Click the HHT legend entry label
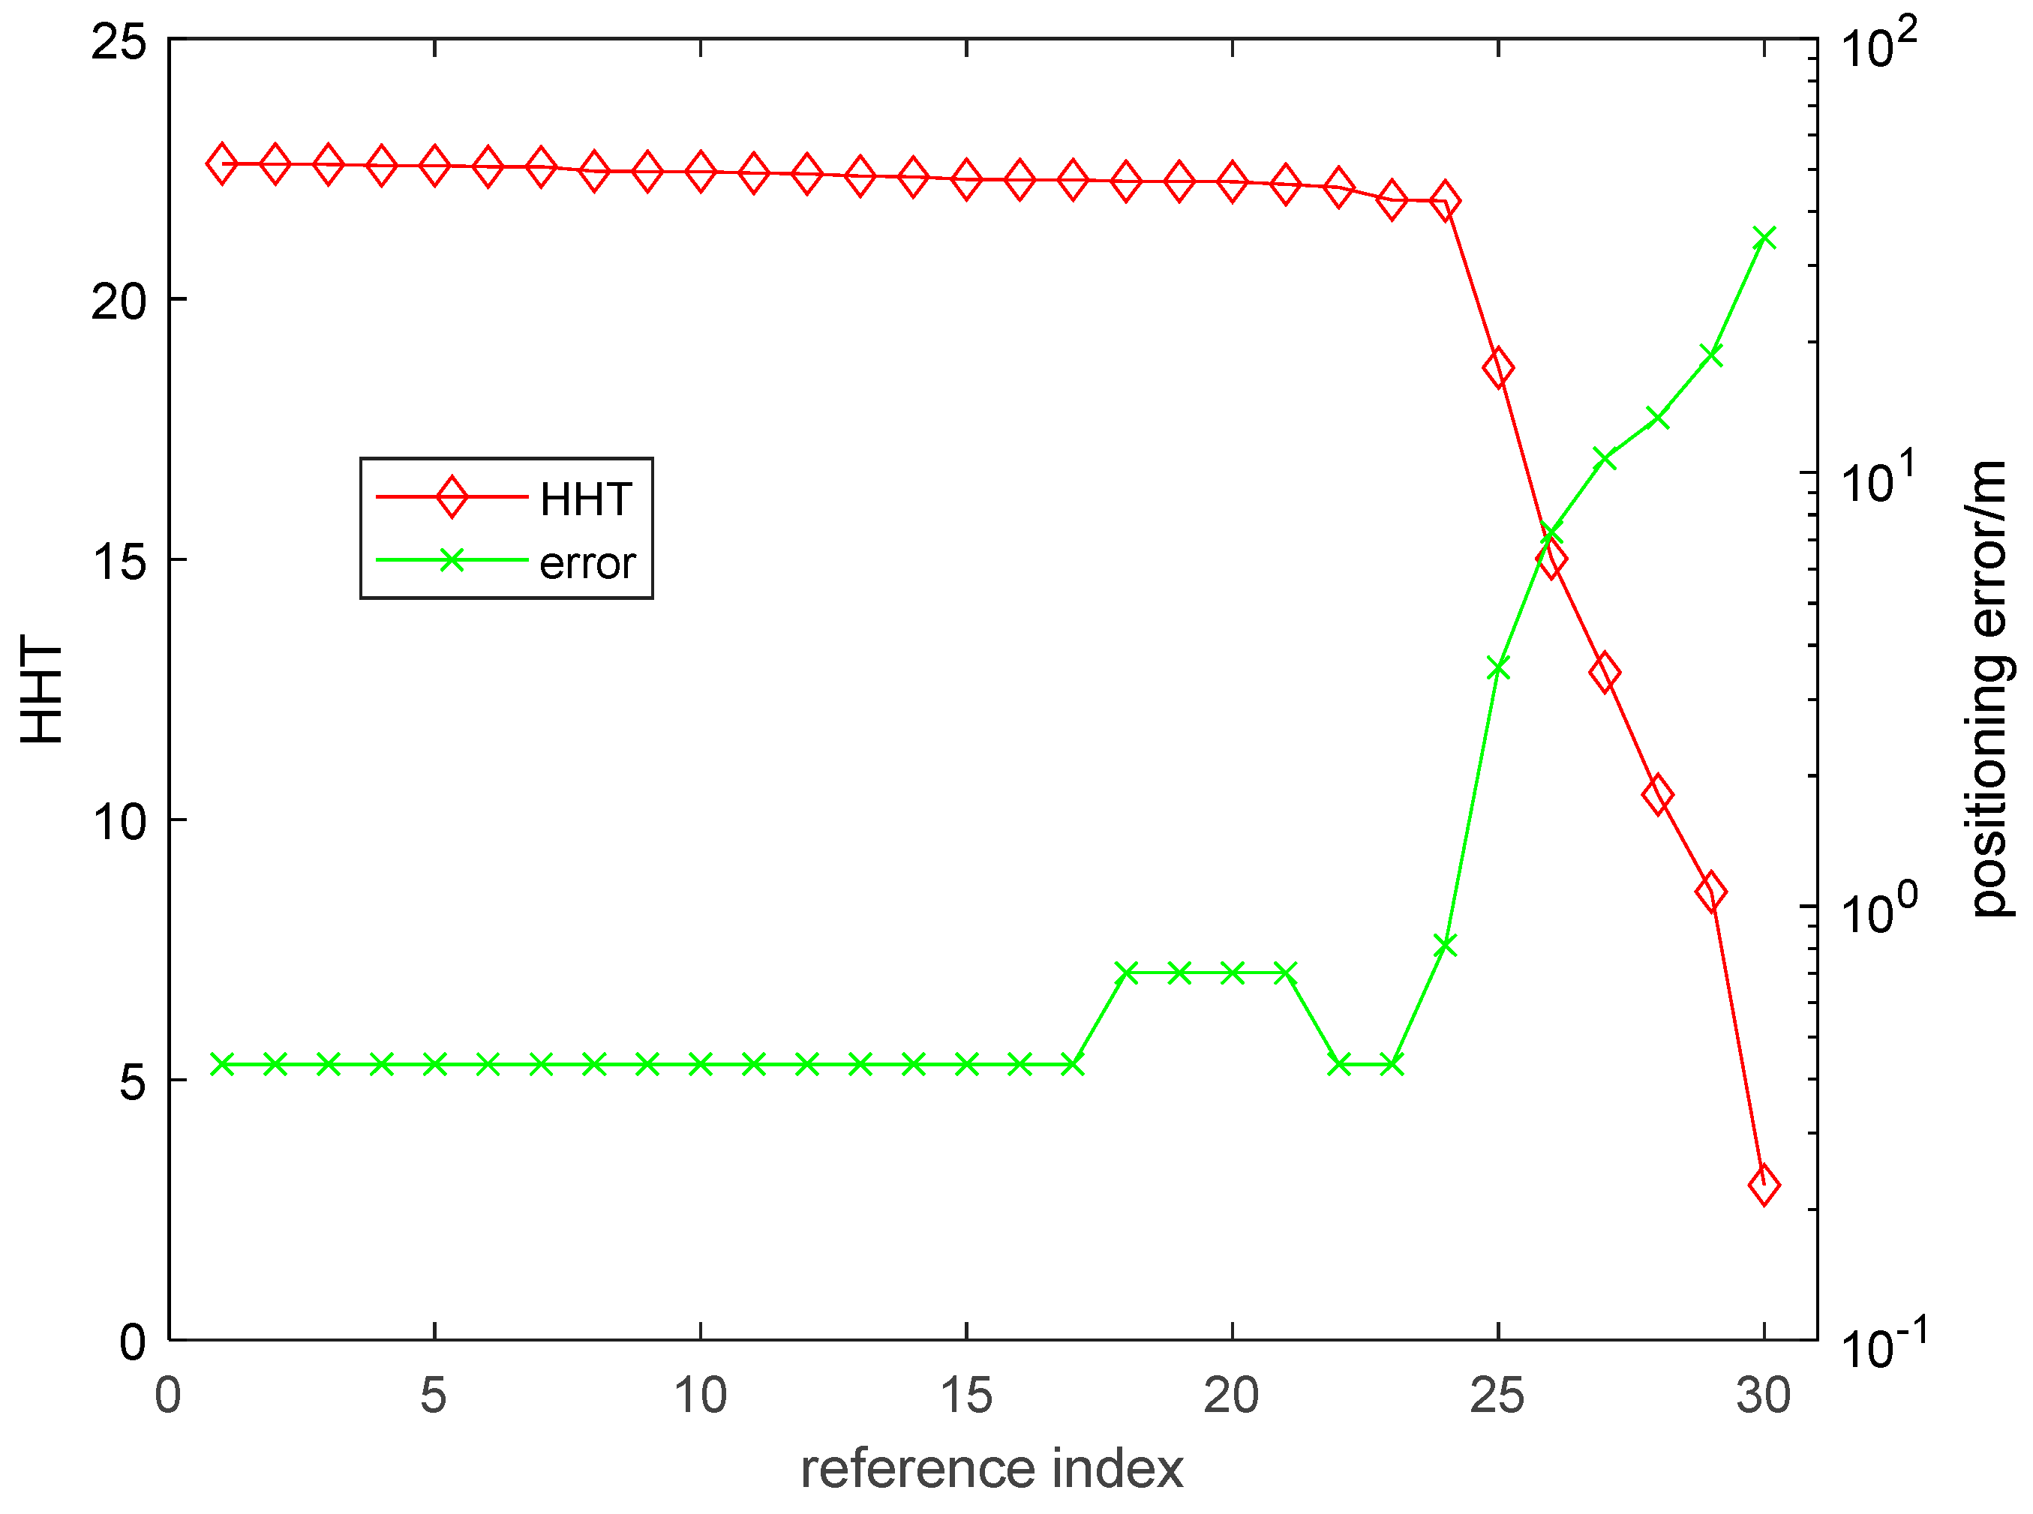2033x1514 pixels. point(585,499)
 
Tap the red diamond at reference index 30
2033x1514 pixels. point(1764,1185)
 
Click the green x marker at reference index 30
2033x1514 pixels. point(1764,238)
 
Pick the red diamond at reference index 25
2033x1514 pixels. point(1497,367)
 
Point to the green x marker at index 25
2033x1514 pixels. point(1497,667)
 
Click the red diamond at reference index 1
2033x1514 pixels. point(221,164)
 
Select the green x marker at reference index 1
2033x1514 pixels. point(221,1064)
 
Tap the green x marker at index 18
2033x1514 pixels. point(1127,973)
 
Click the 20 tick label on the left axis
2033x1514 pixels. point(119,301)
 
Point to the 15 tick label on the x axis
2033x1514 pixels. point(966,1396)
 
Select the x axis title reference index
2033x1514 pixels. point(992,1469)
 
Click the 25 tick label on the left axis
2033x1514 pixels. point(119,42)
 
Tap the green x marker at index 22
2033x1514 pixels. point(1339,1064)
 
